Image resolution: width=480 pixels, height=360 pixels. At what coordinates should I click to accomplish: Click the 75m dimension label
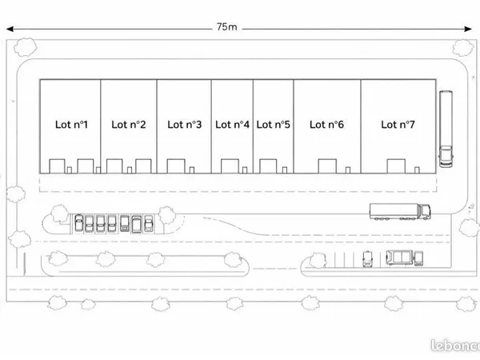(x=226, y=27)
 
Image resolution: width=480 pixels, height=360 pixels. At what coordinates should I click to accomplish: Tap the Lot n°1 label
(x=71, y=124)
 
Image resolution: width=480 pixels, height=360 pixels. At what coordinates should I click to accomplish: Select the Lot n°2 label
(x=129, y=124)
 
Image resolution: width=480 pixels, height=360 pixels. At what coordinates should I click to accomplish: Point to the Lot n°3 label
(x=184, y=124)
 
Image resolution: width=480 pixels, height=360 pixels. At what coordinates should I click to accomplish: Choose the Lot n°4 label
(x=232, y=124)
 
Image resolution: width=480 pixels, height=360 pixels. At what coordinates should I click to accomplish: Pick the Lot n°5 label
(x=273, y=124)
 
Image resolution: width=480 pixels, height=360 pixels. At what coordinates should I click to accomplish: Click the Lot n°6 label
(x=326, y=124)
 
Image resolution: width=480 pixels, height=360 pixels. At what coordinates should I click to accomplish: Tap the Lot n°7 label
(x=398, y=124)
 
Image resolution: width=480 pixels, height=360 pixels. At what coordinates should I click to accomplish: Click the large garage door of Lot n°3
(x=176, y=166)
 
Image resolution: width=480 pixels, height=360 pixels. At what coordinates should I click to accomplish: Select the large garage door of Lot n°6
(x=327, y=166)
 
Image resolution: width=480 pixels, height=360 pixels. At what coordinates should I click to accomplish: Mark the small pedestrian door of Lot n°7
(x=417, y=170)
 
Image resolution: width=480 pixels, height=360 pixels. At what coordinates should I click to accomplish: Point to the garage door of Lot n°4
(x=230, y=166)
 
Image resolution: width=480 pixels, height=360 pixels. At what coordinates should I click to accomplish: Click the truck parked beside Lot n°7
(x=446, y=129)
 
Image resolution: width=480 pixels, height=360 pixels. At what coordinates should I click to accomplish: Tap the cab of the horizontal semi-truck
(x=424, y=211)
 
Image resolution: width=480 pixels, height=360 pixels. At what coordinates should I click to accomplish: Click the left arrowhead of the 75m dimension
(x=10, y=29)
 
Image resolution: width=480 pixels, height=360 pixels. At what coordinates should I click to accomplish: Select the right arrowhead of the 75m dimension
(x=468, y=29)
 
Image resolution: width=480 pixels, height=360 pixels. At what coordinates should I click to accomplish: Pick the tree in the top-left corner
(x=26, y=47)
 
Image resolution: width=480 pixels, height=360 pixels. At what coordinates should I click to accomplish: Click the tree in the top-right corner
(x=463, y=48)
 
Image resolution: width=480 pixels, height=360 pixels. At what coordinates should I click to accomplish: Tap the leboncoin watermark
(x=455, y=346)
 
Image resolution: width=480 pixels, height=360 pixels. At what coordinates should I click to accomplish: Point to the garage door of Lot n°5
(x=268, y=166)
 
